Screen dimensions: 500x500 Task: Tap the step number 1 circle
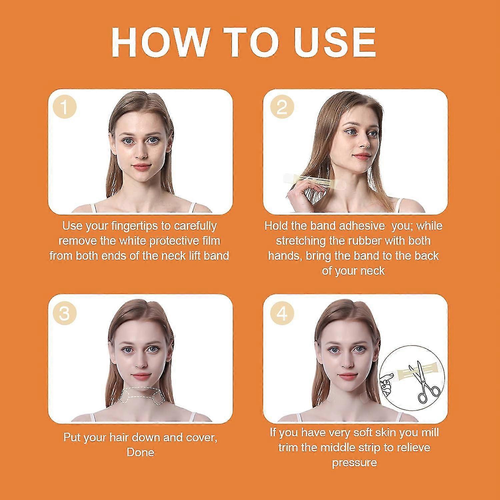pyautogui.click(x=65, y=107)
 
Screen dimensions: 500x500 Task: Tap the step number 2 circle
pyautogui.click(x=282, y=107)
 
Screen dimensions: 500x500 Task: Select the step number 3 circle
pyautogui.click(x=65, y=313)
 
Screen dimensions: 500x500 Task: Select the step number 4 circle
pyautogui.click(x=282, y=313)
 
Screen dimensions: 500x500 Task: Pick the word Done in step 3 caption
pyautogui.click(x=140, y=452)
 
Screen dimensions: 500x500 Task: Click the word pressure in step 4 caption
pyautogui.click(x=354, y=463)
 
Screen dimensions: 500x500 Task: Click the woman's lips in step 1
pyautogui.click(x=142, y=167)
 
